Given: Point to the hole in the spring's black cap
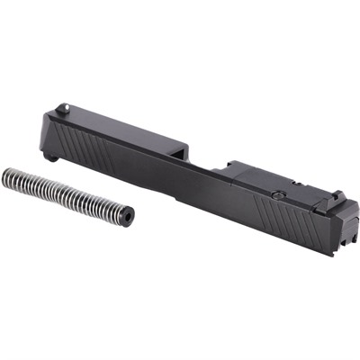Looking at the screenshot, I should point(130,216).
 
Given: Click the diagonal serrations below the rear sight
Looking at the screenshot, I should point(288,217).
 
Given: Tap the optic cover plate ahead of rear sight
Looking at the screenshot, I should point(252,175).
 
